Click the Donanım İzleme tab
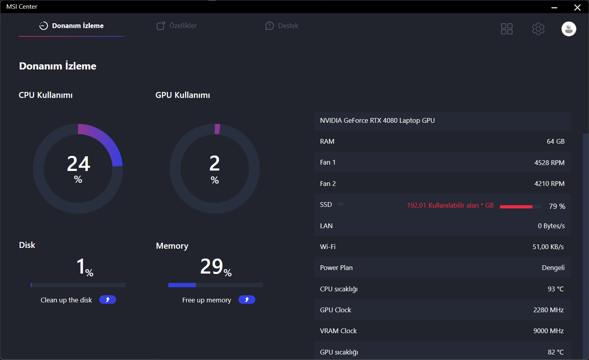(72, 26)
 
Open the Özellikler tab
(177, 26)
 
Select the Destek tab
(282, 26)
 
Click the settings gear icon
(538, 29)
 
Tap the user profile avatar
(568, 29)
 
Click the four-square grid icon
(507, 29)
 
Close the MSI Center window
(577, 7)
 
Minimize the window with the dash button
(554, 7)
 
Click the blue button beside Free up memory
(247, 300)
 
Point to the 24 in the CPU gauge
(79, 164)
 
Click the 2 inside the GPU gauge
(215, 163)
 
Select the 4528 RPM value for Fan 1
(549, 163)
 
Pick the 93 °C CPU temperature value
(555, 289)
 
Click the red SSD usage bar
(516, 206)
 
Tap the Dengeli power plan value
(553, 268)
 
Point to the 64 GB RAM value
(555, 141)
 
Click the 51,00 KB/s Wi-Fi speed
(548, 247)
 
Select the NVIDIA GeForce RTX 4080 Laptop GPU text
(377, 120)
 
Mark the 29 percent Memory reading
(212, 266)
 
